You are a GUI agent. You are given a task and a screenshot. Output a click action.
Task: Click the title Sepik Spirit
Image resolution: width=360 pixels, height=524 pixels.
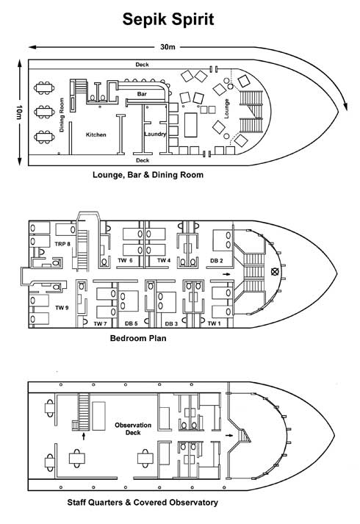(168, 20)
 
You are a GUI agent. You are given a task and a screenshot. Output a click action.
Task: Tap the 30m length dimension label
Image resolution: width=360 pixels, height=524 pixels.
(168, 47)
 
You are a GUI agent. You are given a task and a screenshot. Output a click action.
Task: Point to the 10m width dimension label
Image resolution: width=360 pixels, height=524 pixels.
(19, 112)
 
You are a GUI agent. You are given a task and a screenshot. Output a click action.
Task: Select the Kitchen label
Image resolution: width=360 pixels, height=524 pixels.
(96, 134)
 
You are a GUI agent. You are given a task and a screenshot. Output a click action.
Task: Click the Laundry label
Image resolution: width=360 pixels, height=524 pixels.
(155, 134)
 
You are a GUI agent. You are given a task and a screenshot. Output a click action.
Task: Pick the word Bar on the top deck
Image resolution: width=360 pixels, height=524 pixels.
(142, 94)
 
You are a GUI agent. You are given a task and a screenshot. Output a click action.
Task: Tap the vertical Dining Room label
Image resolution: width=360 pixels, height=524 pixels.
(62, 115)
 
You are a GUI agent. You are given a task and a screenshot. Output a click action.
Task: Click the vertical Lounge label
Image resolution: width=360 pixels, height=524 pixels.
(226, 109)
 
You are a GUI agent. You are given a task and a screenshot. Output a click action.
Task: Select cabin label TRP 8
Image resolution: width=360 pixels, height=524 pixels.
(62, 244)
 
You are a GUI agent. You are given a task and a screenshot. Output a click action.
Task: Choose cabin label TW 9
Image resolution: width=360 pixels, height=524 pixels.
(62, 308)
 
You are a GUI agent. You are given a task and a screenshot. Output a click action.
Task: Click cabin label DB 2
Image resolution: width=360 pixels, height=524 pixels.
(217, 261)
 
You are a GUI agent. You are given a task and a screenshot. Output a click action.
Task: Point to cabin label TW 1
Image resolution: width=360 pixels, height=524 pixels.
(214, 323)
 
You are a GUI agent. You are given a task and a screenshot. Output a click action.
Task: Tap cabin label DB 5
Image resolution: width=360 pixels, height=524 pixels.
(132, 323)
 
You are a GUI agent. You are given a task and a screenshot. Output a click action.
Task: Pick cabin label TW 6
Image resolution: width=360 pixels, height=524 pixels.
(125, 260)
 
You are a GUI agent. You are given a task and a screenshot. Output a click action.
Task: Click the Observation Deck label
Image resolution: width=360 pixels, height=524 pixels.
(133, 428)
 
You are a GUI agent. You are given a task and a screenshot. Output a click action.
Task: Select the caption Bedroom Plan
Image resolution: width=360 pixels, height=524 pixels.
(138, 338)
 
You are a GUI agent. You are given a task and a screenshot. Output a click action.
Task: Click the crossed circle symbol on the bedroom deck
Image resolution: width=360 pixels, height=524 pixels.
(275, 271)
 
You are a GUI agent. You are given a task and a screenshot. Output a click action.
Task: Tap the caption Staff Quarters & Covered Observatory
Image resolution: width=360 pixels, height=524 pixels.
(143, 502)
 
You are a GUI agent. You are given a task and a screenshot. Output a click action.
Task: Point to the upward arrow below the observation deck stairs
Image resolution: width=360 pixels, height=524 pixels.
(84, 436)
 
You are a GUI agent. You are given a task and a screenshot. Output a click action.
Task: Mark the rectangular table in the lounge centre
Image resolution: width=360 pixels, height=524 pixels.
(191, 125)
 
